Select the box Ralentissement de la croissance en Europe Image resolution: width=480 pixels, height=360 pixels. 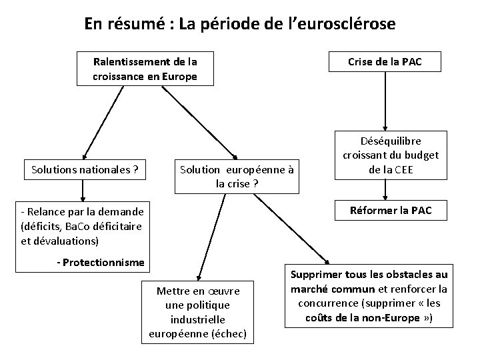145,69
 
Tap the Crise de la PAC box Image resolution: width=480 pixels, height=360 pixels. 385,62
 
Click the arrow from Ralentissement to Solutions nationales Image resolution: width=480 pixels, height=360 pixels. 103,121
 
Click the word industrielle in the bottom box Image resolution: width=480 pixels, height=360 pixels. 197,319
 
